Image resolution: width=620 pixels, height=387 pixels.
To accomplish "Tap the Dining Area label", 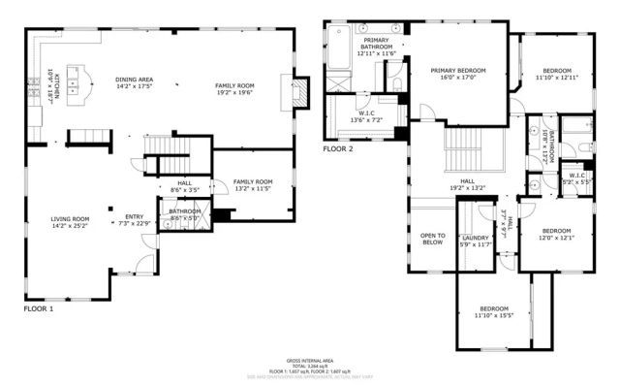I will click(134, 82).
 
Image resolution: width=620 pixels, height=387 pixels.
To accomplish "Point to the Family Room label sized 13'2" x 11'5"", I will click(252, 184).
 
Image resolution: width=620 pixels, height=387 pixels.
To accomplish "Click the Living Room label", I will click(70, 222).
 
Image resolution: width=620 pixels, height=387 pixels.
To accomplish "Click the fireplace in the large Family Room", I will click(298, 93).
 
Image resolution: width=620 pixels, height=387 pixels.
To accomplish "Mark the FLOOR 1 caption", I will click(39, 308).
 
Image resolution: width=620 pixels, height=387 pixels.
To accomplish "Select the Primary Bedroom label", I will click(458, 75).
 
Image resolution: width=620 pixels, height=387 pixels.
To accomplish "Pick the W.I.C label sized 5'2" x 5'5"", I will click(577, 178).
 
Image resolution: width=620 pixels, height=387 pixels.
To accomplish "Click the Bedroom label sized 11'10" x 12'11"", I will click(556, 74).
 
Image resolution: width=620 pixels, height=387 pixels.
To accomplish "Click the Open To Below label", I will click(432, 239).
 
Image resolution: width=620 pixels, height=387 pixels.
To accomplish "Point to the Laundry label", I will click(475, 241).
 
